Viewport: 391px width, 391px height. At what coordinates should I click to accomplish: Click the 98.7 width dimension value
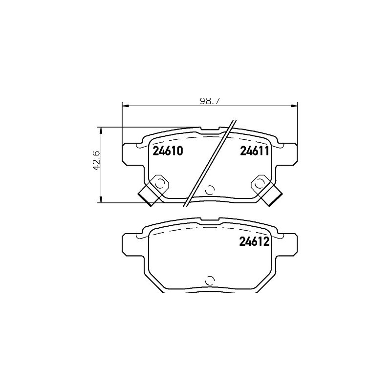coord(210,101)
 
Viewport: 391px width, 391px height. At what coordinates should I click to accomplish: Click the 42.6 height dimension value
coord(96,161)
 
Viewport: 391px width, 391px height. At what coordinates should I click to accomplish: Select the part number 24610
coord(168,151)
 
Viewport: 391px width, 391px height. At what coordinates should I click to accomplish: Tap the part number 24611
coord(255,151)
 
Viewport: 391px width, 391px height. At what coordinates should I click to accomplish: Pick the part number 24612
coord(254,241)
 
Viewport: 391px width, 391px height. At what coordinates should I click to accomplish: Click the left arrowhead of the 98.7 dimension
coord(125,106)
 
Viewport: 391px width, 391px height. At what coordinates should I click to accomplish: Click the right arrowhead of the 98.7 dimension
coord(294,106)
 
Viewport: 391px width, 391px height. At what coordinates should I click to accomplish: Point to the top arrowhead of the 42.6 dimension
coord(101,130)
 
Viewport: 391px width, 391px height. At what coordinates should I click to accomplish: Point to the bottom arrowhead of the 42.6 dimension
coord(101,199)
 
